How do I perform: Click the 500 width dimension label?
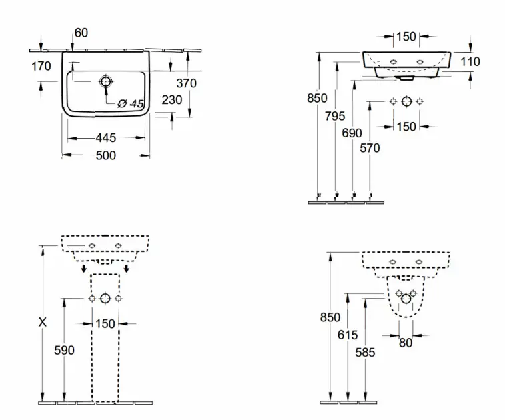pos(106,155)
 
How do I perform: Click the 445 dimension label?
pos(106,138)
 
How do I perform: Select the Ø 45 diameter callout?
pos(131,103)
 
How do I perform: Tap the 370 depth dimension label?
pos(187,83)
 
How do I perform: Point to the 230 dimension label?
pos(172,100)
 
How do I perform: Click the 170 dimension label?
pos(41,66)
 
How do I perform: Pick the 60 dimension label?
pos(81,33)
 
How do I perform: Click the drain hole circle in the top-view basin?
pos(105,82)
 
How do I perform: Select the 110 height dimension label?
pos(470,61)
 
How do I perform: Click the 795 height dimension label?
pos(335,116)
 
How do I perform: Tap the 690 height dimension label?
pos(352,133)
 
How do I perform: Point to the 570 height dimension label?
pos(370,148)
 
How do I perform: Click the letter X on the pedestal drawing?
pos(43,322)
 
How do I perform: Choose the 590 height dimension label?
pos(65,350)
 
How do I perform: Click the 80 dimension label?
pos(406,343)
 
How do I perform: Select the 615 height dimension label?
pos(348,335)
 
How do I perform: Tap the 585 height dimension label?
pos(365,353)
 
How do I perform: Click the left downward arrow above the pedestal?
pos(84,269)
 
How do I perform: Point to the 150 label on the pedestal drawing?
pos(105,323)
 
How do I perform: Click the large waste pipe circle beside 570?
pos(407,101)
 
